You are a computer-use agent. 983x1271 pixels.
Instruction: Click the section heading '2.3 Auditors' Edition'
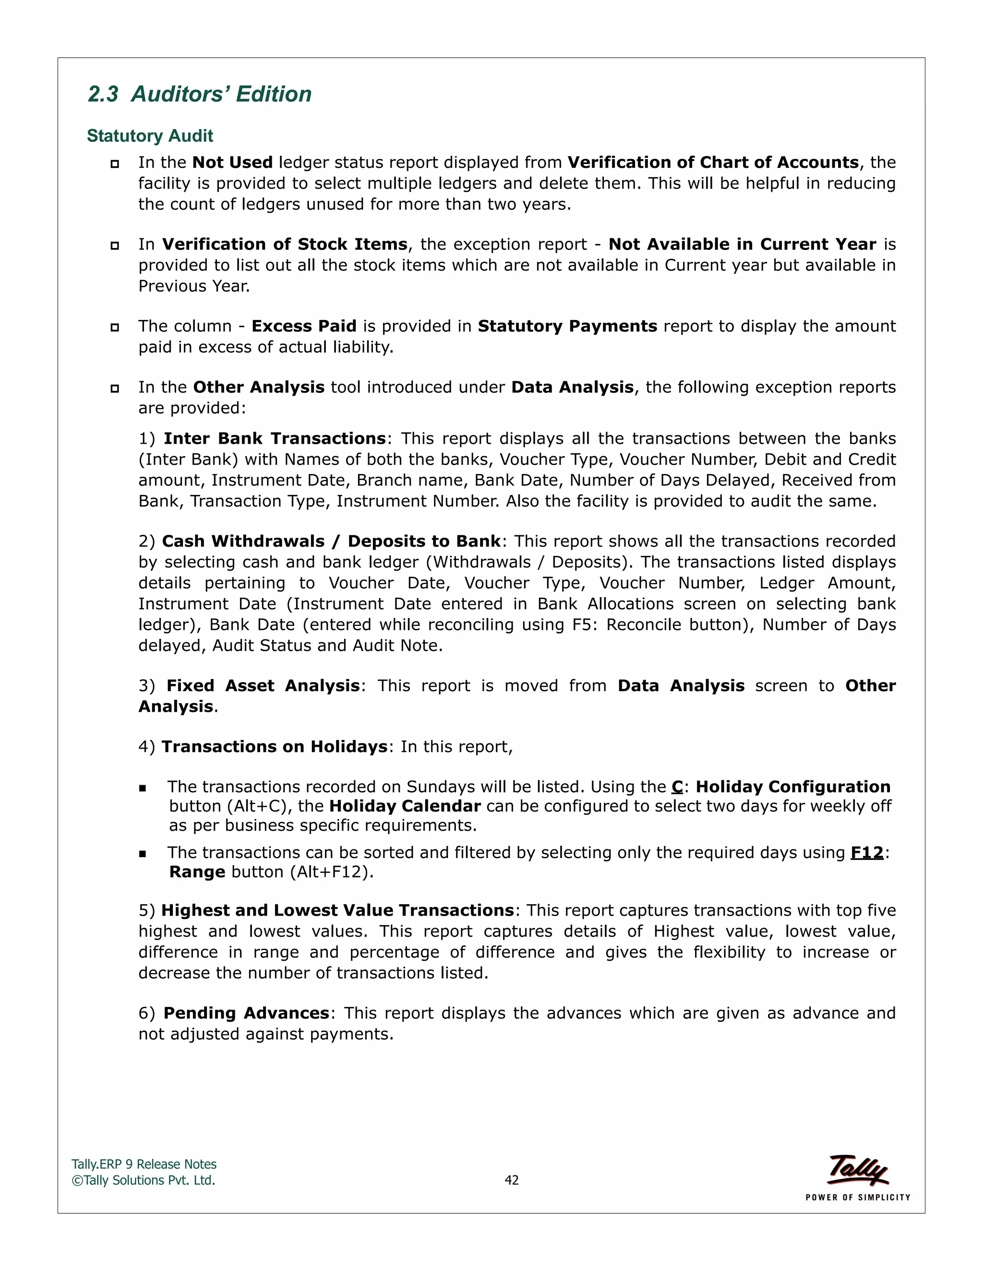click(200, 94)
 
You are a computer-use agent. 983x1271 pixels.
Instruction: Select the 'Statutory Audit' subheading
click(150, 136)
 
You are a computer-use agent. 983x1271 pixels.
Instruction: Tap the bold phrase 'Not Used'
click(232, 163)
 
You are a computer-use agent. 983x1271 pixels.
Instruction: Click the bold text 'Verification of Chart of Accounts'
click(713, 163)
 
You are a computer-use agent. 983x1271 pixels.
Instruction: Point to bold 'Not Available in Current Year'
click(742, 245)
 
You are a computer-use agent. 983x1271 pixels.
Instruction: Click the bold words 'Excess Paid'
click(303, 326)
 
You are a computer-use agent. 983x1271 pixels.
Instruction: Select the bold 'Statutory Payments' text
click(567, 326)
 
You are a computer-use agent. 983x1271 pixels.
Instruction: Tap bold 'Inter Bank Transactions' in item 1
click(275, 438)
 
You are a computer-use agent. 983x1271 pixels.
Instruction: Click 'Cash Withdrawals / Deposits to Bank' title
click(331, 541)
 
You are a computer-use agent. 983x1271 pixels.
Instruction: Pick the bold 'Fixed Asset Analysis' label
click(263, 685)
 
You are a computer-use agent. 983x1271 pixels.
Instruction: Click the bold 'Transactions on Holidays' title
click(274, 747)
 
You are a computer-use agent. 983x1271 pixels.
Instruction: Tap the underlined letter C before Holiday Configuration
click(677, 787)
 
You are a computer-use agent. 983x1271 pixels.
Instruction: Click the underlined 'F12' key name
click(866, 853)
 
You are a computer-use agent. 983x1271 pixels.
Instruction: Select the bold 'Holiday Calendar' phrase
click(405, 806)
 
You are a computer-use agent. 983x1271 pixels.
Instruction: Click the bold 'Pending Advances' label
click(246, 1013)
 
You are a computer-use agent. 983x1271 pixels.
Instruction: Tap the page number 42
click(511, 1180)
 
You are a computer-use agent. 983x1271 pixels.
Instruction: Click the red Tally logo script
click(857, 1170)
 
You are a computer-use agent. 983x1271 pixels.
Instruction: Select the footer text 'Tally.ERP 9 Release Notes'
click(144, 1165)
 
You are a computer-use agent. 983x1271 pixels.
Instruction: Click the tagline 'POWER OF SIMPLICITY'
click(858, 1198)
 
